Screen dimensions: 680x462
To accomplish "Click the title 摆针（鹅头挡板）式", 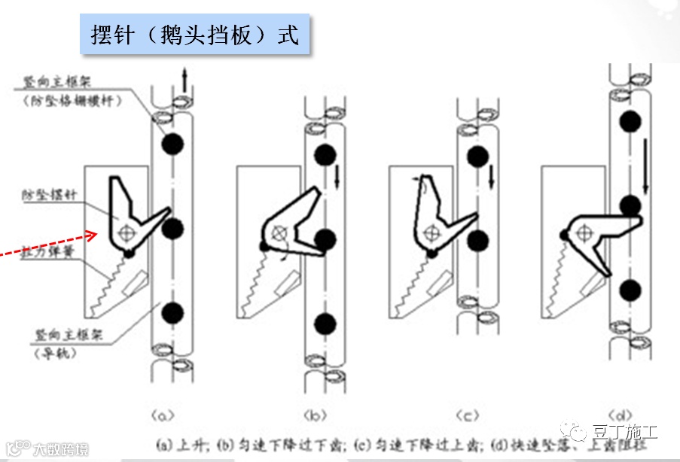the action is tap(195, 35).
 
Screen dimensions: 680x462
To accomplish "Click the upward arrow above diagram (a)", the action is tap(184, 78).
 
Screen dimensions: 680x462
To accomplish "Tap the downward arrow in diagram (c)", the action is tap(491, 178).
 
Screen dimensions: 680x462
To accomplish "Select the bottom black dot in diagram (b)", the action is tap(325, 323).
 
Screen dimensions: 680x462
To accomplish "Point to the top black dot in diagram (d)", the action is tap(630, 121).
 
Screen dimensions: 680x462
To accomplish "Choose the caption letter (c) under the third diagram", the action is tap(468, 414).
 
